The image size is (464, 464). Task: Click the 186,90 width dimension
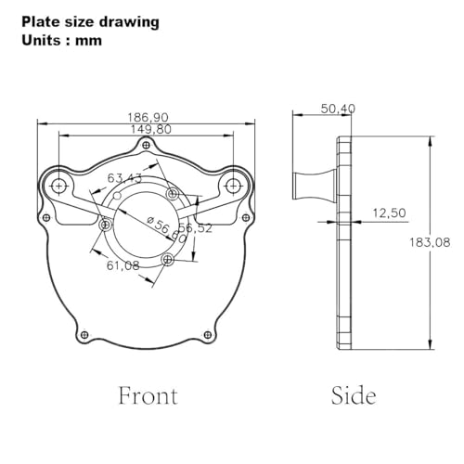point(148,117)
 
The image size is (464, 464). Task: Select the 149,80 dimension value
point(151,129)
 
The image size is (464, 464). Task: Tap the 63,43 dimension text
point(124,178)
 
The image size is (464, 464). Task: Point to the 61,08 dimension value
point(123,265)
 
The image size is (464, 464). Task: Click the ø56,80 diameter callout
point(167,229)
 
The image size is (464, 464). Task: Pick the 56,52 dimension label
point(196,228)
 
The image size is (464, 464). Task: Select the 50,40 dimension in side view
point(338,109)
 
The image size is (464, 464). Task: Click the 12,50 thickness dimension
point(389,213)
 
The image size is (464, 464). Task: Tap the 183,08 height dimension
point(430,242)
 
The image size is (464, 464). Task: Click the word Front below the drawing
point(148,395)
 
